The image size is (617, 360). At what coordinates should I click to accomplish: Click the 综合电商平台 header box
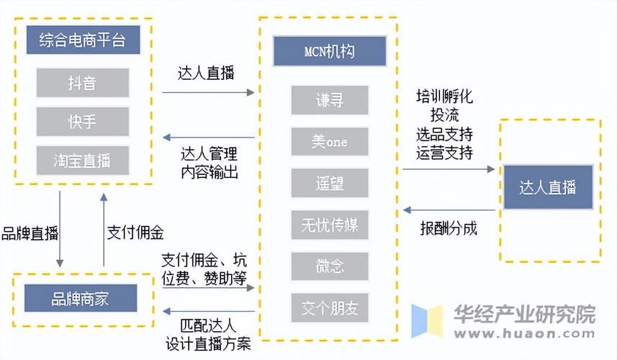(x=83, y=40)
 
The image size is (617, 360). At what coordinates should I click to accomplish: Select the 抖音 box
(x=83, y=83)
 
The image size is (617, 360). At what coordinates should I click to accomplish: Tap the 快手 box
(x=83, y=121)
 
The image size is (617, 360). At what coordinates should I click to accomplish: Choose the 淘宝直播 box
(x=83, y=159)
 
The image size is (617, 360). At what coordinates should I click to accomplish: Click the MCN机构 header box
(x=330, y=52)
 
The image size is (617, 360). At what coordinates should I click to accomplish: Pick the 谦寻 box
(x=330, y=100)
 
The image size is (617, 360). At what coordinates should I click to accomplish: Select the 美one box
(x=330, y=142)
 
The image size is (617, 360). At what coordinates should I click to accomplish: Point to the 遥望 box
(x=330, y=184)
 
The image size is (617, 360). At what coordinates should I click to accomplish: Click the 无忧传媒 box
(x=330, y=225)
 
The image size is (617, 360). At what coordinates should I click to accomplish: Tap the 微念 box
(x=330, y=266)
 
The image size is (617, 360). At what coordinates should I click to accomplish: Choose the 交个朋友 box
(x=330, y=308)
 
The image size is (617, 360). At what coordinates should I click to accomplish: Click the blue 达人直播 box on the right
(x=548, y=188)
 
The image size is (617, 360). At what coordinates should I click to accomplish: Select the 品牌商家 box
(x=80, y=298)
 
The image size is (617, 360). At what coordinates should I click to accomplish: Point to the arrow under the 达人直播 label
(x=208, y=92)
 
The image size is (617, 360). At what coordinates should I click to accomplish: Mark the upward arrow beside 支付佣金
(x=104, y=230)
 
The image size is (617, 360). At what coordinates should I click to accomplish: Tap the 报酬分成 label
(x=449, y=229)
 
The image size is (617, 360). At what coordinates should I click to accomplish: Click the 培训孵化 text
(x=444, y=96)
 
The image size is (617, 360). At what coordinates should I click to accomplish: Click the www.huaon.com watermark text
(x=523, y=335)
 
